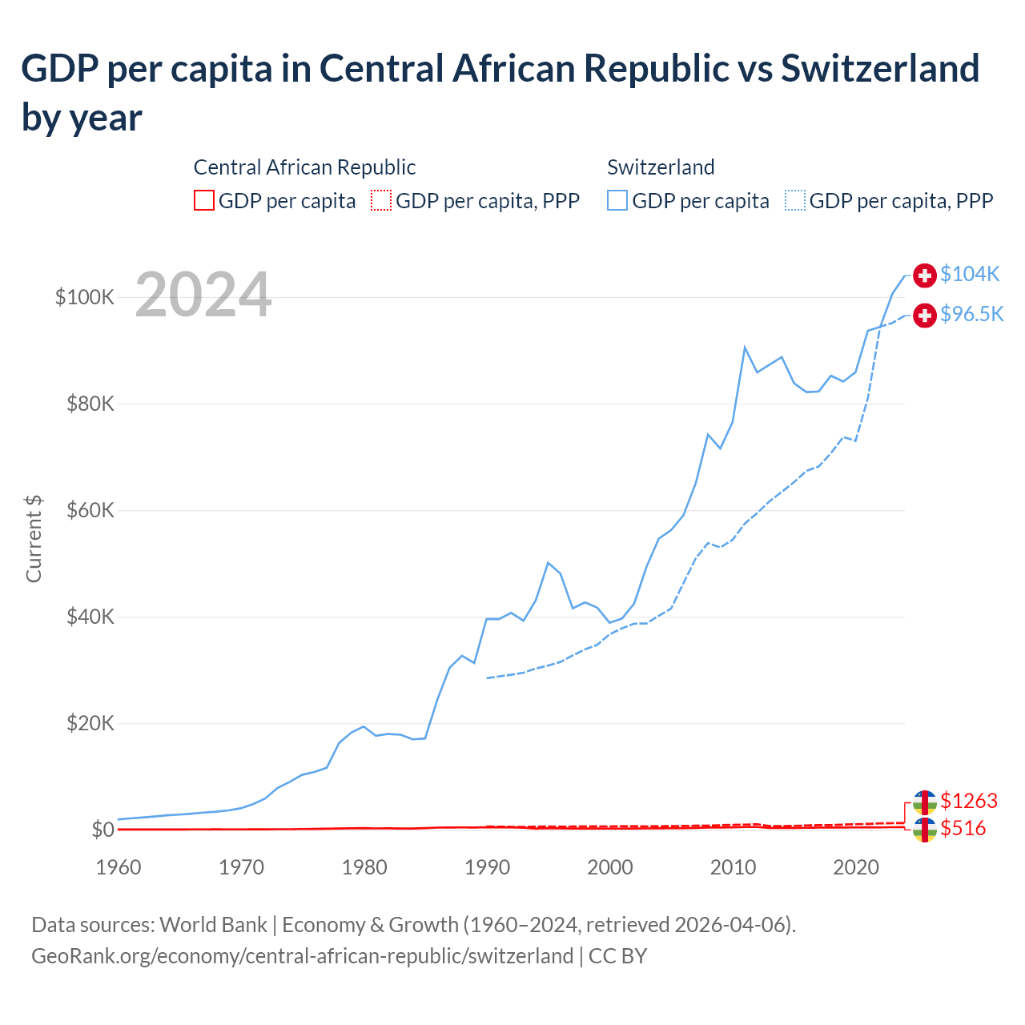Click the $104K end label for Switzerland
[x=970, y=274]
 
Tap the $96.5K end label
[x=971, y=314]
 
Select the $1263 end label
[x=969, y=801]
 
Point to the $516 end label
[x=963, y=828]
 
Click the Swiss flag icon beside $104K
[x=925, y=275]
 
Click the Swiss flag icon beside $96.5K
[x=925, y=316]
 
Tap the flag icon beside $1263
[x=925, y=802]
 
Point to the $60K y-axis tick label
[x=90, y=510]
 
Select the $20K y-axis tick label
[x=90, y=723]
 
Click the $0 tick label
[x=102, y=830]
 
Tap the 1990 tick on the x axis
[x=487, y=867]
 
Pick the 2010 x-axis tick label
[x=733, y=867]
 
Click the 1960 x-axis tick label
[x=119, y=867]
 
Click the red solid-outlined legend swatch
[x=204, y=200]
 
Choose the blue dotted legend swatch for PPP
[x=795, y=200]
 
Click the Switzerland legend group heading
[x=661, y=167]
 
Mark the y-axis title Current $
[x=34, y=538]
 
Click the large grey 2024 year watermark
[x=203, y=295]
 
